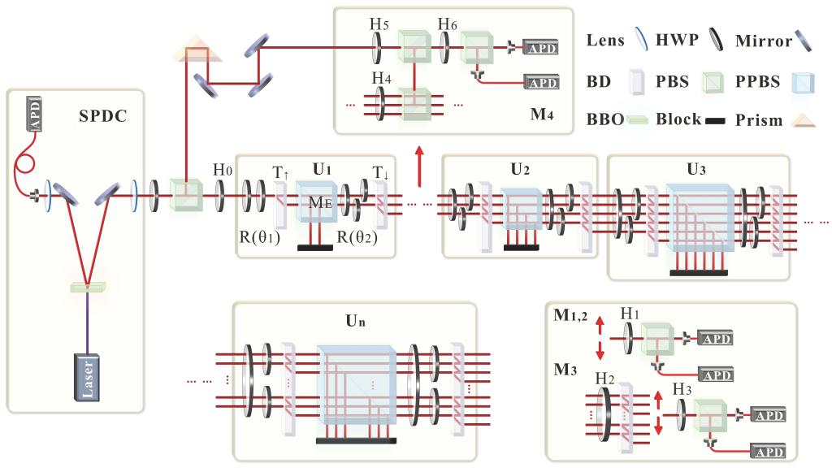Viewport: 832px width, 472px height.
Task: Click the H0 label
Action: (x=220, y=170)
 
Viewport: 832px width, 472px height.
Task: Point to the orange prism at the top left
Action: (x=189, y=53)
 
